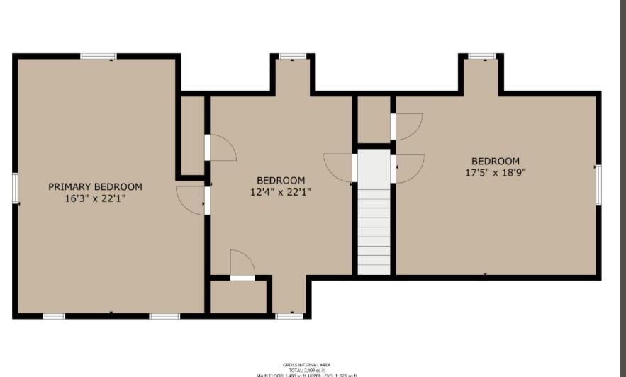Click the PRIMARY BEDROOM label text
coord(95,187)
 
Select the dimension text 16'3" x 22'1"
coord(95,199)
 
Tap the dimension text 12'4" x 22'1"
coord(281,192)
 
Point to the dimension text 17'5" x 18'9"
coord(496,172)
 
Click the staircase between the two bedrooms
coord(374,213)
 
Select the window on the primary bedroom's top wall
coord(98,56)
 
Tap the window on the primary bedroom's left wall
coord(15,188)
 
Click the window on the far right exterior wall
coord(598,184)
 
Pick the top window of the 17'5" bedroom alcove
coord(482,56)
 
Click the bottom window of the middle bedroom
coord(289,315)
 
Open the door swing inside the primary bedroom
coord(190,199)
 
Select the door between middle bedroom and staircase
coord(338,168)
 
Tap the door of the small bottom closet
coord(242,265)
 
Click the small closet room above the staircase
coord(374,119)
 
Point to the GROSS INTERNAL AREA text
coord(306,365)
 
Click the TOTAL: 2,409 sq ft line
coord(306,370)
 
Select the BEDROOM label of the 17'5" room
coord(496,161)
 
